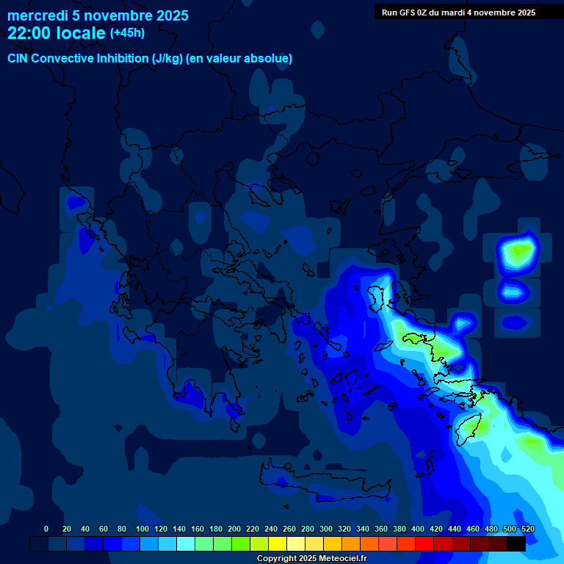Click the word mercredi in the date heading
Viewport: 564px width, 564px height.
pos(37,15)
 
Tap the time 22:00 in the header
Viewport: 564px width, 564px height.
pos(29,33)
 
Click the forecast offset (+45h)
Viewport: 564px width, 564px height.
pos(127,33)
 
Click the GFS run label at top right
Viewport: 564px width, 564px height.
pos(458,12)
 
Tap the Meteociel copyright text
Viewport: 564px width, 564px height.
pos(311,558)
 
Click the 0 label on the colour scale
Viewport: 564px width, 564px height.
pos(46,529)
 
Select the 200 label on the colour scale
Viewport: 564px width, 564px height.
pos(234,529)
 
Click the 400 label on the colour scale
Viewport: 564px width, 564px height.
pos(418,529)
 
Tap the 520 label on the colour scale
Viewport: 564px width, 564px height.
pos(527,529)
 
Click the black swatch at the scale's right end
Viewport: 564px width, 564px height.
pos(516,543)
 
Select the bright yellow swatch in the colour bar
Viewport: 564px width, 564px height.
pos(278,543)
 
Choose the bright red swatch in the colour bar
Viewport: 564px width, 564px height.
pos(424,543)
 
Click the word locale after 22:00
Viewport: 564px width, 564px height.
pos(81,33)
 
